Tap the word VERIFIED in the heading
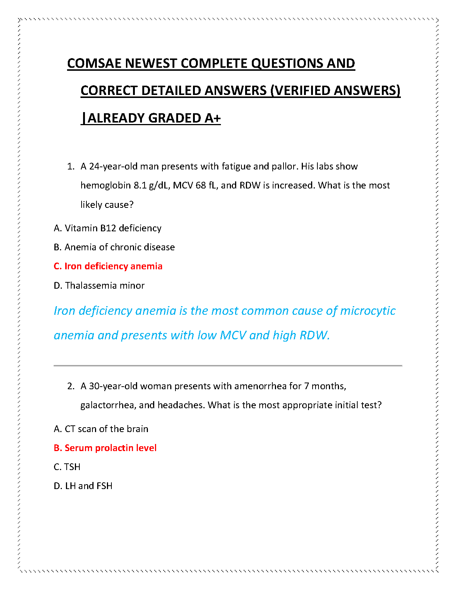(x=302, y=91)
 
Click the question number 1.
(x=70, y=166)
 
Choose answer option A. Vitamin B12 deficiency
(x=108, y=228)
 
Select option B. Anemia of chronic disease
(x=114, y=247)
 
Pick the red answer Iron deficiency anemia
(x=108, y=266)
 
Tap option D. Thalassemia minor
(x=99, y=285)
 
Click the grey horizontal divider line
(x=228, y=366)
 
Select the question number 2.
(x=71, y=386)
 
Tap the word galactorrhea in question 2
(x=107, y=405)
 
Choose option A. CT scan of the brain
(x=101, y=429)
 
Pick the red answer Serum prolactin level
(x=105, y=448)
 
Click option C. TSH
(x=67, y=467)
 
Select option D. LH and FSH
(x=83, y=486)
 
